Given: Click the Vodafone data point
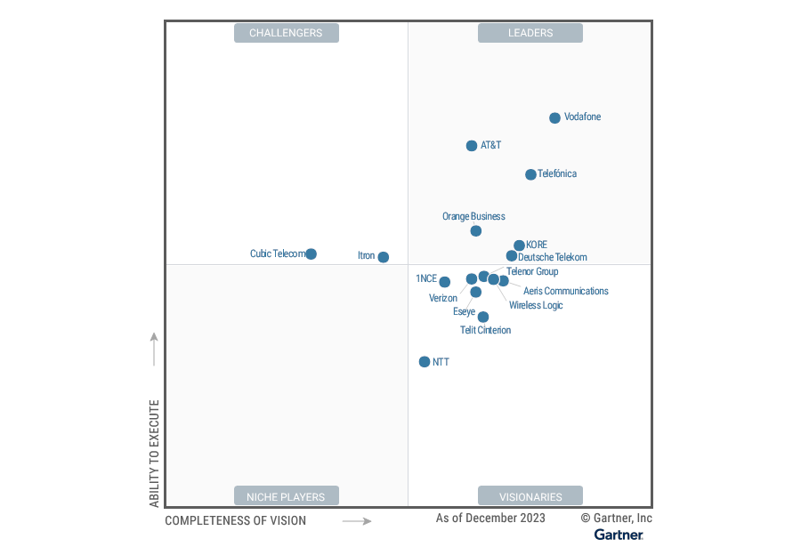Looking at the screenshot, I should pos(554,117).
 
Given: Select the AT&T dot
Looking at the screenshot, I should pos(472,146).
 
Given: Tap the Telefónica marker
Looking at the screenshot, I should pos(530,174).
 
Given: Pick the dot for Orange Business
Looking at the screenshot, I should pos(475,231).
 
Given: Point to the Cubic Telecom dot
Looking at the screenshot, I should pos(311,254).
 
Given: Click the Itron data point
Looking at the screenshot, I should pos(383,257).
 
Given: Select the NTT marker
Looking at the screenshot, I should pos(425,362).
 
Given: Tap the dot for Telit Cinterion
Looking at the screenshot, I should pos(483,317).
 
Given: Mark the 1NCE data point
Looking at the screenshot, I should pos(444,282).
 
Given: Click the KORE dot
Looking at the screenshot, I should pos(519,245).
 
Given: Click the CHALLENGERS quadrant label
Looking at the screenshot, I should pos(286,33).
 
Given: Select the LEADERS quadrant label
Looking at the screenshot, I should pos(530,33).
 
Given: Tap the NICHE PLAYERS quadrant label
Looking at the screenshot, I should pos(286,496).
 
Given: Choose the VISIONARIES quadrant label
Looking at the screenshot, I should pos(530,496).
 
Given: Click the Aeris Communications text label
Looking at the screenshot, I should pos(566,292).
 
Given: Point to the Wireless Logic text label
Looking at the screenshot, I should pos(536,306).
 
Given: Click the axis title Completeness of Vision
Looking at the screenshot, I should pos(235,521).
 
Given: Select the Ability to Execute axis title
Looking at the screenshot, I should pos(154,454).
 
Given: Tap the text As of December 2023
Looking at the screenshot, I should pos(490,518).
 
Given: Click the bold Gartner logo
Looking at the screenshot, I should pos(619,535).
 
